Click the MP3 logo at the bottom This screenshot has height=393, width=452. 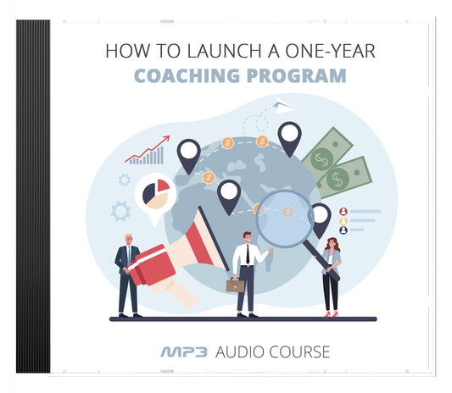185,351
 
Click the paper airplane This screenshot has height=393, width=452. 283,107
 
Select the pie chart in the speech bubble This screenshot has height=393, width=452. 155,191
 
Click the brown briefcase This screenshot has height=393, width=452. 235,285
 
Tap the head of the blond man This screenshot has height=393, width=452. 129,240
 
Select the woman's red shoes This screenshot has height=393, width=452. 330,313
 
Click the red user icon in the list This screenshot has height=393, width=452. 343,211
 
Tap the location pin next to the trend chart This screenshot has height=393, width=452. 188,155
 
